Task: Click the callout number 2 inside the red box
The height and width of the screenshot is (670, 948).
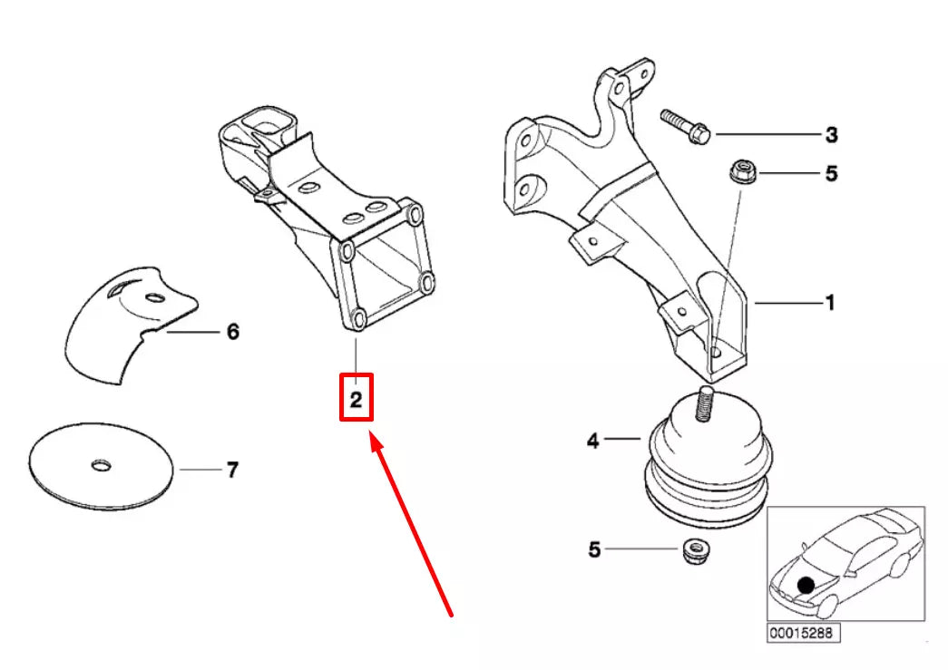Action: point(357,399)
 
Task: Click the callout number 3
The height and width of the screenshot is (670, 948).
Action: point(831,136)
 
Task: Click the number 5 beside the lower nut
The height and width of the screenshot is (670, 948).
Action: point(594,549)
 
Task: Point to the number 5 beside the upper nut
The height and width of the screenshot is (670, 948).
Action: point(831,173)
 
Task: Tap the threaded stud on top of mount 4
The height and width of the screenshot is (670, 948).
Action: point(705,403)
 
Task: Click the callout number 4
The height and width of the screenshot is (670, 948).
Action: point(592,442)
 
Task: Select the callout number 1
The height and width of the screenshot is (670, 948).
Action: point(829,303)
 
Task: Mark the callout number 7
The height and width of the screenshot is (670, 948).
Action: point(232,471)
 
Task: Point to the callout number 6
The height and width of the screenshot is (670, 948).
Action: point(232,333)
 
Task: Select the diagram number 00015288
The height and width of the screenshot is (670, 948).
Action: point(797,632)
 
